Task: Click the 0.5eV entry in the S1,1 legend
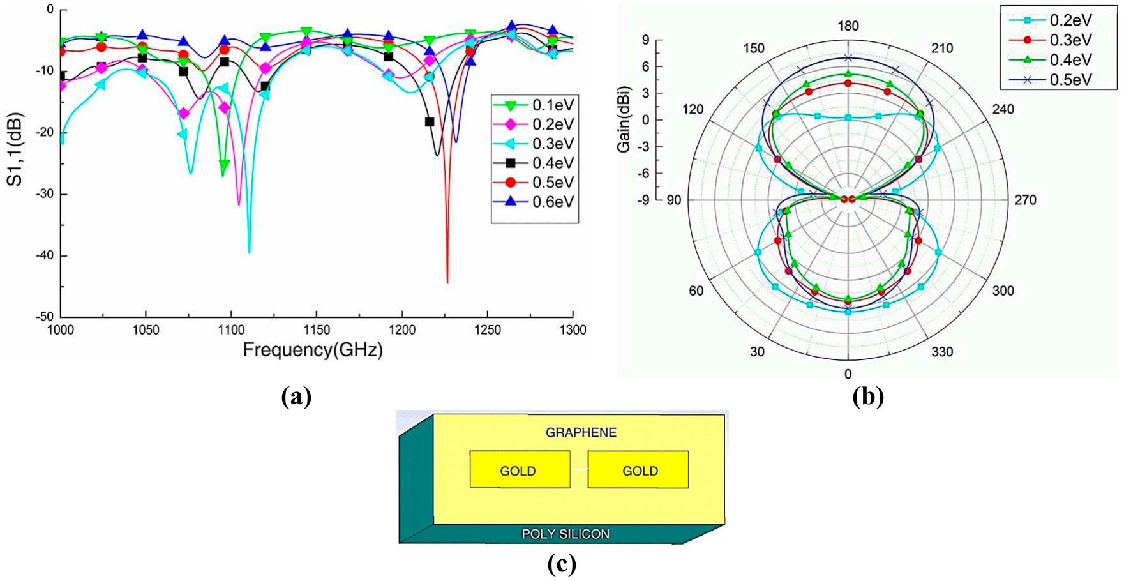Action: (553, 183)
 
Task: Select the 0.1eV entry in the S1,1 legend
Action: (553, 105)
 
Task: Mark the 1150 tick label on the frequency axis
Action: (317, 330)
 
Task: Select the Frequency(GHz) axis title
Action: (313, 350)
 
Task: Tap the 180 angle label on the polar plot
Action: (848, 26)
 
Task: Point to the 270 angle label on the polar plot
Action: (1026, 200)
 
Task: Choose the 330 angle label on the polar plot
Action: (942, 352)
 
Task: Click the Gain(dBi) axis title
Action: (624, 119)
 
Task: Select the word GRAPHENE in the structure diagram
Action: (581, 433)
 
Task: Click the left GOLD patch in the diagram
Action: (519, 470)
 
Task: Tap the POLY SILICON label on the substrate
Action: (565, 534)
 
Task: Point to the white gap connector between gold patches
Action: (579, 469)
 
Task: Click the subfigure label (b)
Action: (868, 397)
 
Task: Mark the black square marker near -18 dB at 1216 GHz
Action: (430, 122)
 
